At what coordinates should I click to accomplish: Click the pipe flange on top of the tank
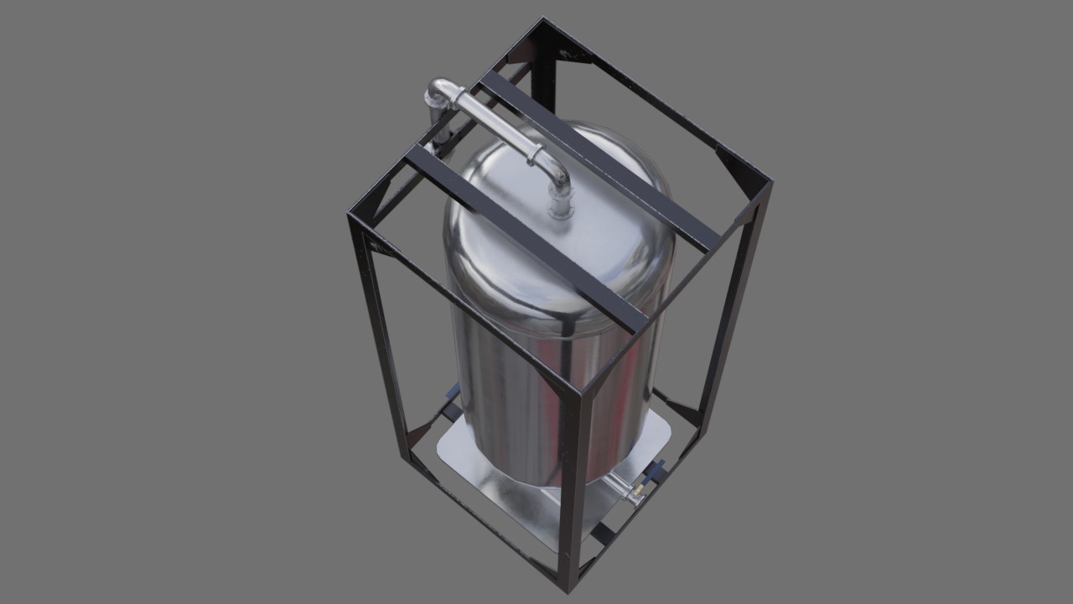click(561, 206)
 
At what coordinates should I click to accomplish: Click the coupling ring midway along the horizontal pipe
click(531, 154)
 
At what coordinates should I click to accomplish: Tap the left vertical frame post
click(377, 336)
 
